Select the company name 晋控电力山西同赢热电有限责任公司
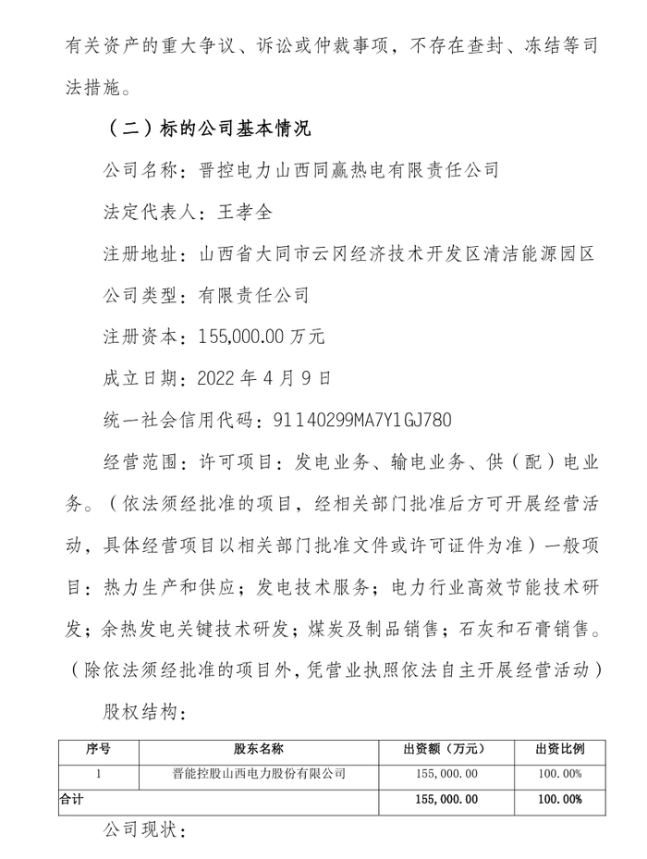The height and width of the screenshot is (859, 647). (x=348, y=169)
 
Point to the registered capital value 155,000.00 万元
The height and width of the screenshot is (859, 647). (x=262, y=337)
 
